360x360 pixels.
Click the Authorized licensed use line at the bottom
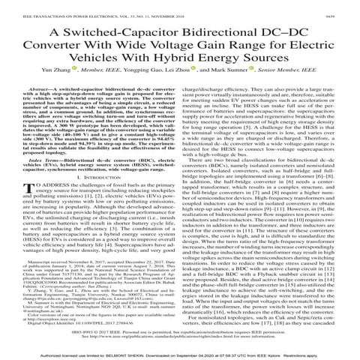[x=180, y=353]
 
